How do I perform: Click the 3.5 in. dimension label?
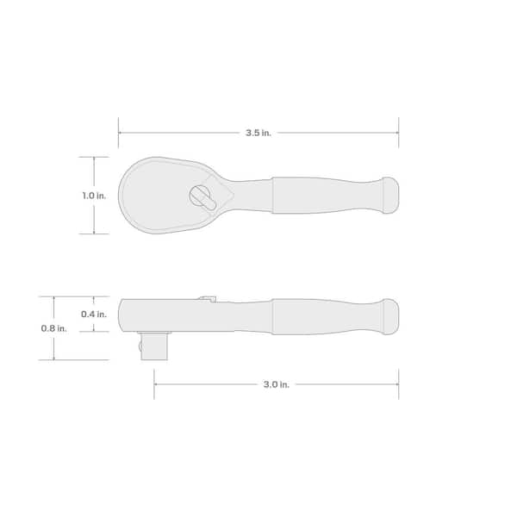(258, 133)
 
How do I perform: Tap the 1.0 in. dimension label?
(94, 196)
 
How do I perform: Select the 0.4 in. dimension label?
(94, 315)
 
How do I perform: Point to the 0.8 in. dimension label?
(53, 328)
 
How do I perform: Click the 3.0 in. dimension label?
(276, 384)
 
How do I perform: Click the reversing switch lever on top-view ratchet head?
(202, 197)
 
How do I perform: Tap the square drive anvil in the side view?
(154, 346)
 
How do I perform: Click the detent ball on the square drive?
(140, 346)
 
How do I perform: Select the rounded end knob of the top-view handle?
(390, 196)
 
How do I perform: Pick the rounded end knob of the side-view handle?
(390, 316)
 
